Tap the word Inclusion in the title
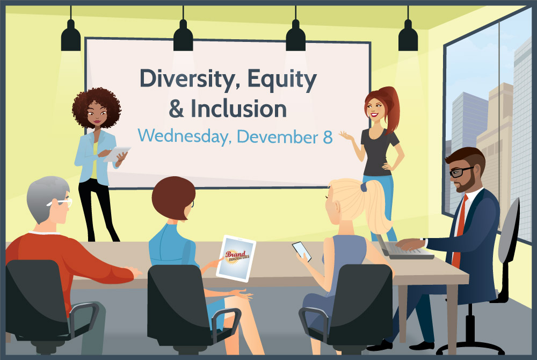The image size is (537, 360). (239, 109)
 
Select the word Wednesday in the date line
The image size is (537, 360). (183, 136)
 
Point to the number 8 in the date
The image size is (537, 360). (328, 137)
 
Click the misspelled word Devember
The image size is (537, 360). (278, 136)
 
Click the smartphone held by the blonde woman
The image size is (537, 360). (302, 251)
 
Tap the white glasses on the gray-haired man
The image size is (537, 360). (62, 202)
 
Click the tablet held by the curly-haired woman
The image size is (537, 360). (117, 154)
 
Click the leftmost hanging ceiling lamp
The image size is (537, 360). (71, 37)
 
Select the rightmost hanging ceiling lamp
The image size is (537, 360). (408, 37)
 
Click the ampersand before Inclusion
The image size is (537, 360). (176, 109)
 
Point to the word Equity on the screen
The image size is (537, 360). (282, 80)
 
